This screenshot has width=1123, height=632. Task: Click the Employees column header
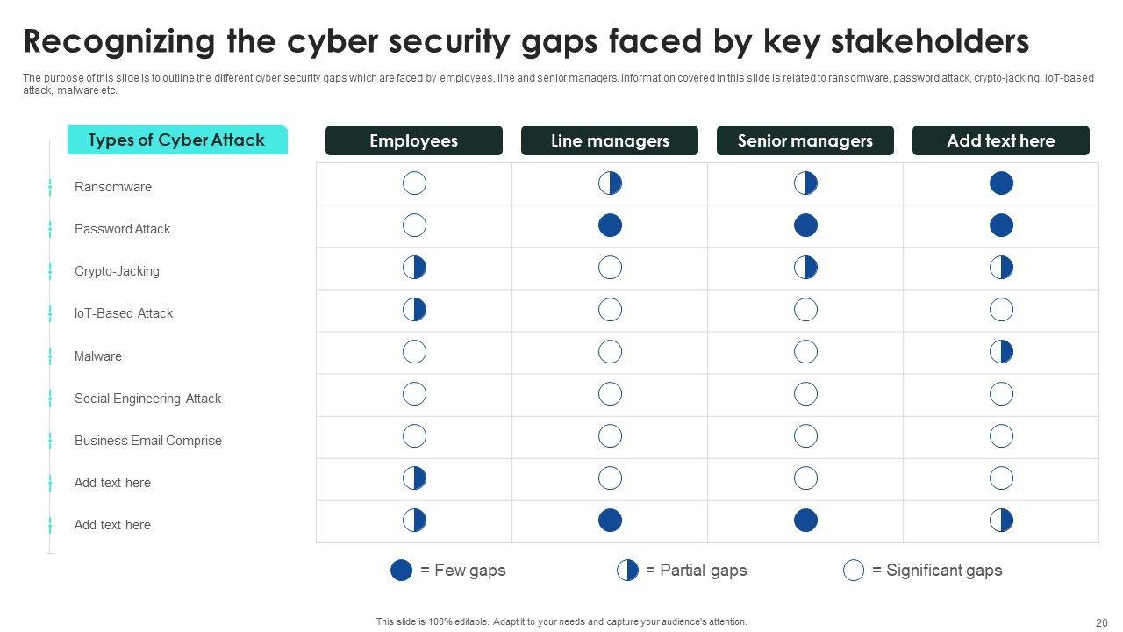pyautogui.click(x=414, y=140)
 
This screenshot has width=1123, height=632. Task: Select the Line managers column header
pyautogui.click(x=610, y=140)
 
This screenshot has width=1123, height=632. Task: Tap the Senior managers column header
pyautogui.click(x=805, y=140)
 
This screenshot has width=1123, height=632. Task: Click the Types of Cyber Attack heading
pyautogui.click(x=176, y=140)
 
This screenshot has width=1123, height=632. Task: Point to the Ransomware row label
pyautogui.click(x=113, y=187)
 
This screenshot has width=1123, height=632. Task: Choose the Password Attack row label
pyautogui.click(x=122, y=229)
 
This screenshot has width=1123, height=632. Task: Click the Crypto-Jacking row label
pyautogui.click(x=117, y=271)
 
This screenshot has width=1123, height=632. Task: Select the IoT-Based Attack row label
pyautogui.click(x=124, y=313)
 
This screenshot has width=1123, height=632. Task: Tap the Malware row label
pyautogui.click(x=98, y=356)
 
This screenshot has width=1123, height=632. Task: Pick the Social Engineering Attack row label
pyautogui.click(x=147, y=399)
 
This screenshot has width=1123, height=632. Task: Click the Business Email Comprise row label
pyautogui.click(x=147, y=441)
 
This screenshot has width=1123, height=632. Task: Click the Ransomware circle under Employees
pyautogui.click(x=414, y=183)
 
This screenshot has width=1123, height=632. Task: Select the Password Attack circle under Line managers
pyautogui.click(x=610, y=226)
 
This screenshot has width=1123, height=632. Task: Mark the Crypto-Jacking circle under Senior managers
pyautogui.click(x=805, y=268)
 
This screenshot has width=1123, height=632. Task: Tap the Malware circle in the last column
pyautogui.click(x=1001, y=352)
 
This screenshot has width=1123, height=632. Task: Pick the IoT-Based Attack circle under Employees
pyautogui.click(x=414, y=309)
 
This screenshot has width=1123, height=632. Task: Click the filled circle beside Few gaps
pyautogui.click(x=401, y=571)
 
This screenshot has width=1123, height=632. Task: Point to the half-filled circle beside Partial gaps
pyautogui.click(x=627, y=571)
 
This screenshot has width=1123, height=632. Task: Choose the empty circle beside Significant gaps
pyautogui.click(x=854, y=571)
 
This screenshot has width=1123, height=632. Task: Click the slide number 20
pyautogui.click(x=1102, y=622)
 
